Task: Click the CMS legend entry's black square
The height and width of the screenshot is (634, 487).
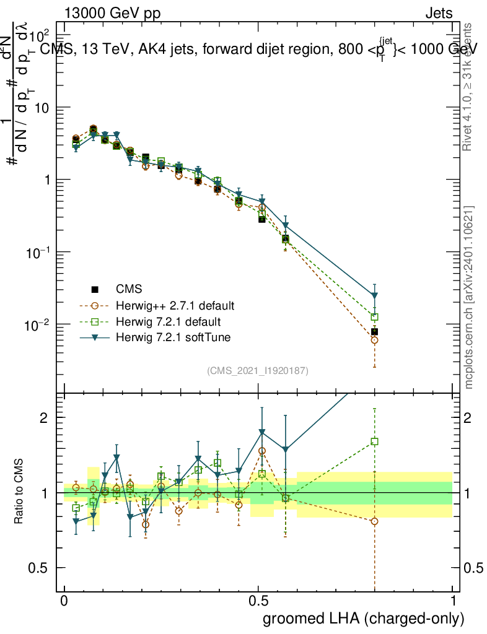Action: click(95, 289)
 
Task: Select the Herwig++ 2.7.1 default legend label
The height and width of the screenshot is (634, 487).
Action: click(175, 306)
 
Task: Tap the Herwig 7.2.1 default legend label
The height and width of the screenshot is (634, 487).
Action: click(168, 322)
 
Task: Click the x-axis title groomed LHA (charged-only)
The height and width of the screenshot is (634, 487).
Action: click(364, 619)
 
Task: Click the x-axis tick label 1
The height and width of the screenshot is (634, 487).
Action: click(453, 601)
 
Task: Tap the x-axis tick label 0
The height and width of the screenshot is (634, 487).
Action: click(64, 601)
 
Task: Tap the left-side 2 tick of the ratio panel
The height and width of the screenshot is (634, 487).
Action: click(45, 417)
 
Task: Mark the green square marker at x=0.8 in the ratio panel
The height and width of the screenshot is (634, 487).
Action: click(374, 441)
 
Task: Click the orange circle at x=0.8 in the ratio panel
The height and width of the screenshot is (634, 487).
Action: click(374, 521)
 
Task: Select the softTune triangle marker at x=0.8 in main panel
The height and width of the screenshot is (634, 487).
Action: click(374, 295)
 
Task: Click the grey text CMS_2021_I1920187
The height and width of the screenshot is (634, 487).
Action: click(258, 370)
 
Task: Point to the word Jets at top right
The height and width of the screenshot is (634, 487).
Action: click(439, 14)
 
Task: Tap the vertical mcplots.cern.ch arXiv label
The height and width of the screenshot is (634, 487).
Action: click(469, 297)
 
